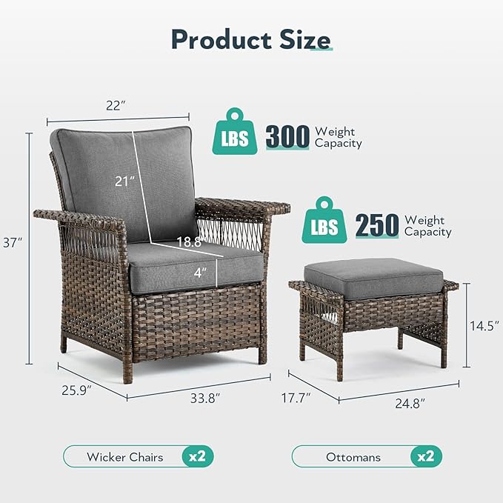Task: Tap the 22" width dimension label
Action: pyautogui.click(x=116, y=105)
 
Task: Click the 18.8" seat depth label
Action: pyautogui.click(x=188, y=241)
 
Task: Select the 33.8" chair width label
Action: pyautogui.click(x=204, y=398)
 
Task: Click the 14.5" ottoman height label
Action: pyautogui.click(x=485, y=324)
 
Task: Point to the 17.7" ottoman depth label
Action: pyautogui.click(x=296, y=399)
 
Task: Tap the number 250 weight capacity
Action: pyautogui.click(x=377, y=225)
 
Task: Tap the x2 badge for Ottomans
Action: pyautogui.click(x=425, y=456)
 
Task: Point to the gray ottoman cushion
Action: pyautogui.click(x=373, y=277)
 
